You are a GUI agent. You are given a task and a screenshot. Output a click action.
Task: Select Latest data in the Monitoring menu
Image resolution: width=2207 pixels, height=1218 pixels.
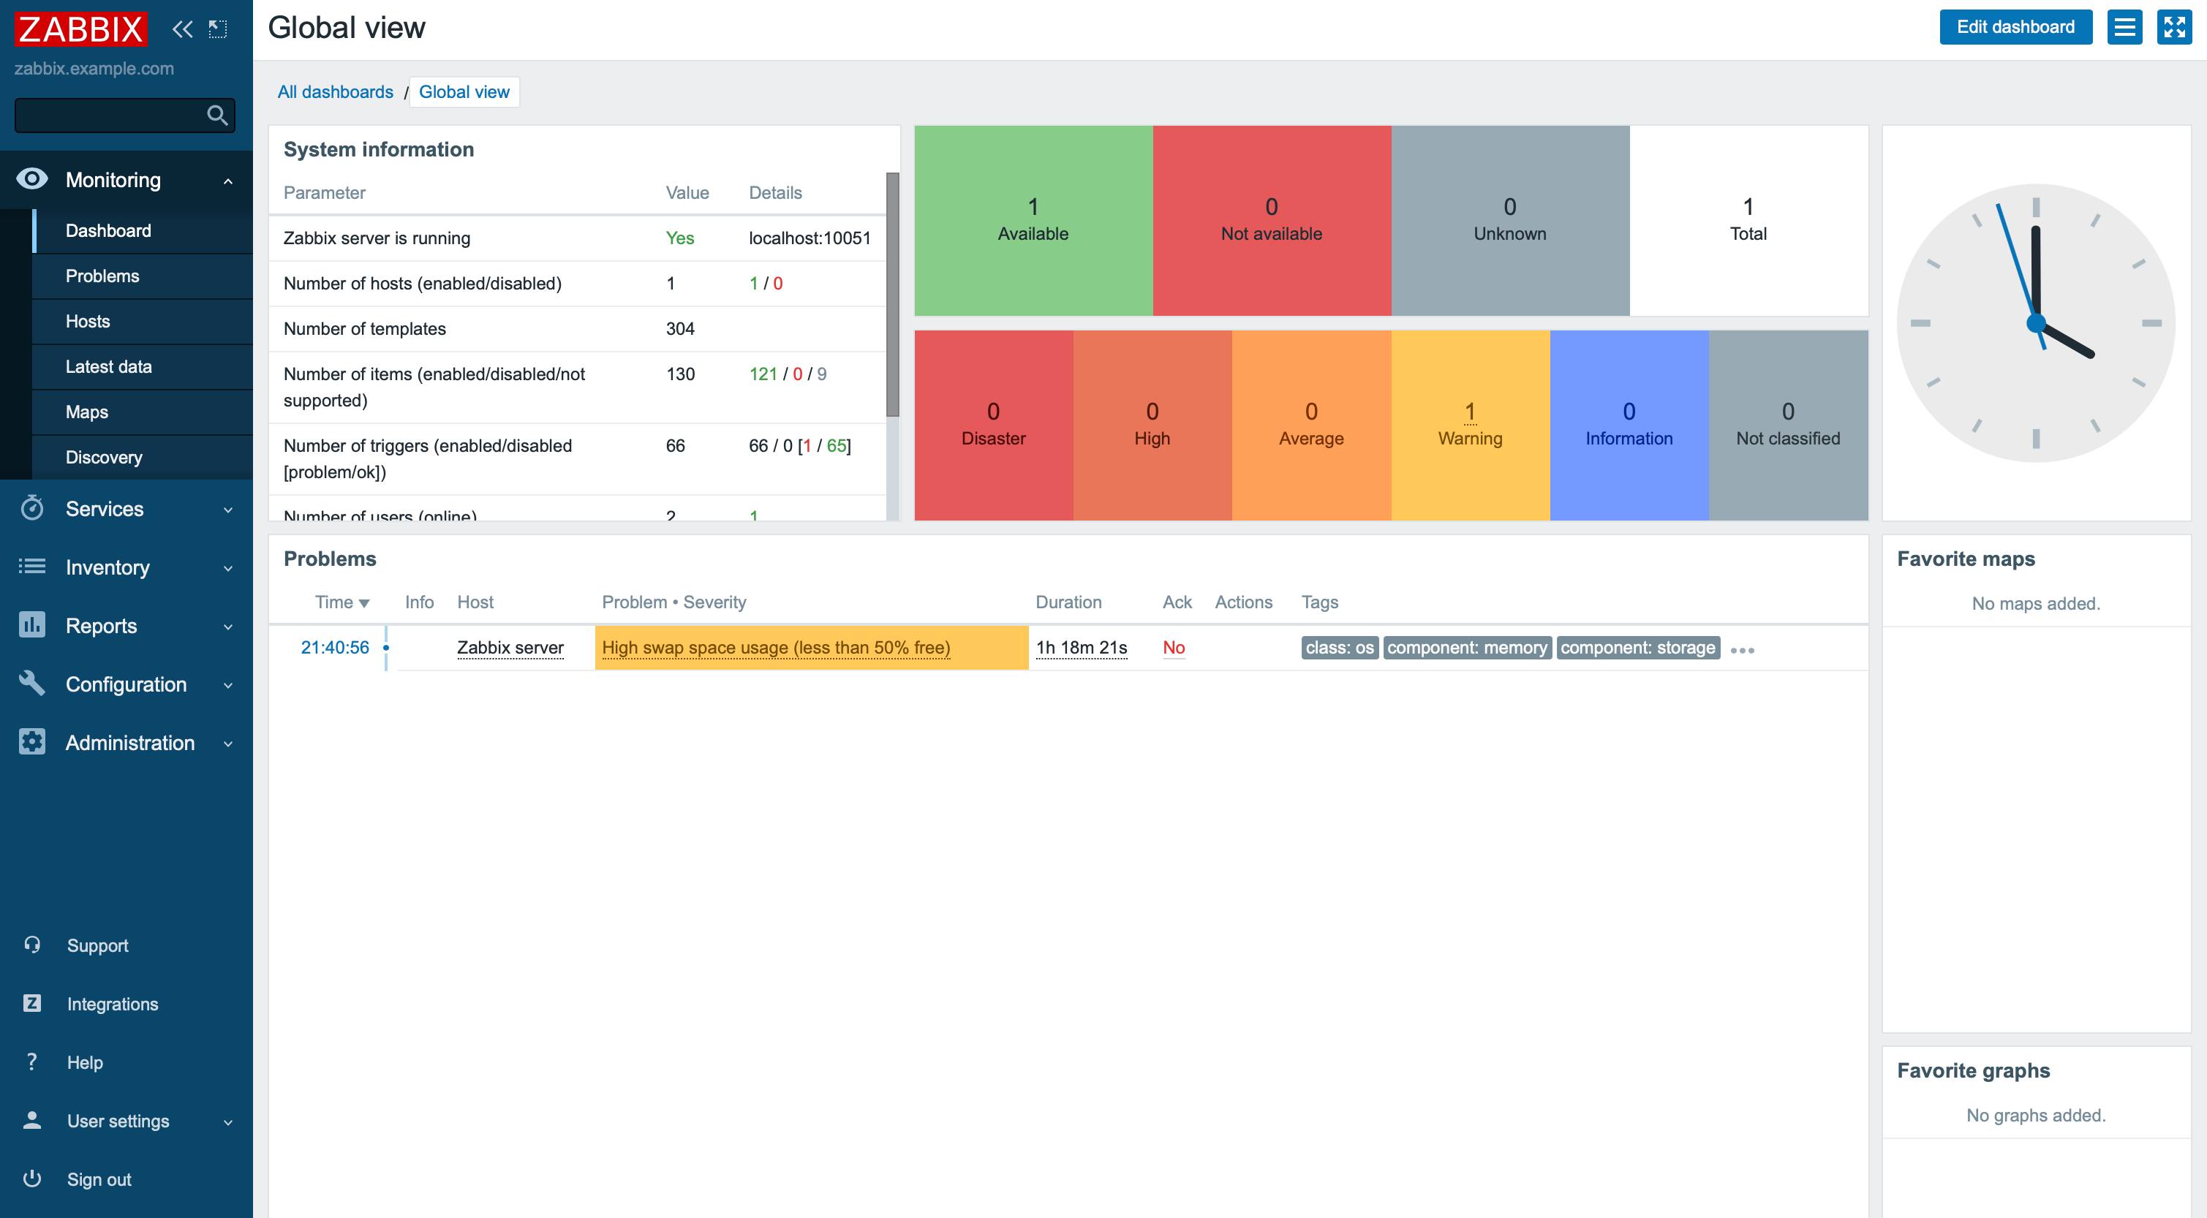108,366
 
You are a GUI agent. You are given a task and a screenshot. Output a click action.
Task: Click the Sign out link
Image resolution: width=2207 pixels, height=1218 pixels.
99,1179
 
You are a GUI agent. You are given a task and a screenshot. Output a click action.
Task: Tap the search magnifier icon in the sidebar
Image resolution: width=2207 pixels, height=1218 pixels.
216,115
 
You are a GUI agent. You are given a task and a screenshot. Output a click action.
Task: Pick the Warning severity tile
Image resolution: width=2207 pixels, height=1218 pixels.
1469,425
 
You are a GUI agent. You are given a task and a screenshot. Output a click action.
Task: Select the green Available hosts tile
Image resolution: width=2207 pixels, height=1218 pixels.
1033,220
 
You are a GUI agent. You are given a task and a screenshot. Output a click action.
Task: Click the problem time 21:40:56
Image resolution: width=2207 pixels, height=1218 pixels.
334,648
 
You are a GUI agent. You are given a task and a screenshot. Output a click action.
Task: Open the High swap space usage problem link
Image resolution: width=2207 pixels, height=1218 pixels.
775,648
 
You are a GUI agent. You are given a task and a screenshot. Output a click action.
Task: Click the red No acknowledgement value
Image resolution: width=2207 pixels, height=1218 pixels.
1173,648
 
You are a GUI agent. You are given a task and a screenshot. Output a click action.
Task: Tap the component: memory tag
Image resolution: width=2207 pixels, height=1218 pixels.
1467,648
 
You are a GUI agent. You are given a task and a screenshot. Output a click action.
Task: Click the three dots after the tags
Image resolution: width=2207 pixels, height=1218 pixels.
1742,650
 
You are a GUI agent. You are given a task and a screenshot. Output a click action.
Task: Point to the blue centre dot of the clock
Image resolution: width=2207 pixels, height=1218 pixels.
2036,324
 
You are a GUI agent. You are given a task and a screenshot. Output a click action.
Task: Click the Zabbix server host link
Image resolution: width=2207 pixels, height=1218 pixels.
510,648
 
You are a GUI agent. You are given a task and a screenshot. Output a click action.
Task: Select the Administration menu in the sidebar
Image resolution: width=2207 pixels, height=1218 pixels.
129,743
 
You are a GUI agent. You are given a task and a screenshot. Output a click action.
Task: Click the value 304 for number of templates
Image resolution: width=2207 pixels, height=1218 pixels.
680,329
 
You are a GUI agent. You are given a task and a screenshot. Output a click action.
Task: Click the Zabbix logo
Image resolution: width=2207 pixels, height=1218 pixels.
80,29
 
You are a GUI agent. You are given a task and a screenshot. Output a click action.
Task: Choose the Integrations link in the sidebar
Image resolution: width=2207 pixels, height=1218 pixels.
112,1004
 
